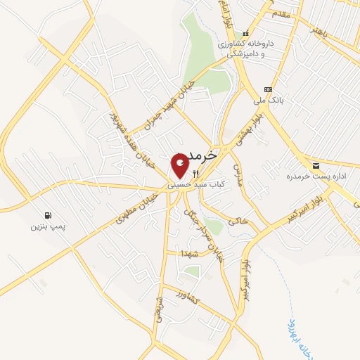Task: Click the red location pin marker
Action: coord(180,165)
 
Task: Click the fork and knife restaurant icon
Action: coord(196,174)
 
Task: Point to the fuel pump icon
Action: coord(46,215)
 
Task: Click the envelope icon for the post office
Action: coord(316,165)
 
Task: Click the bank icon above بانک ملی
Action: coord(267,89)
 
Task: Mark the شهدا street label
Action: coord(186,253)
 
